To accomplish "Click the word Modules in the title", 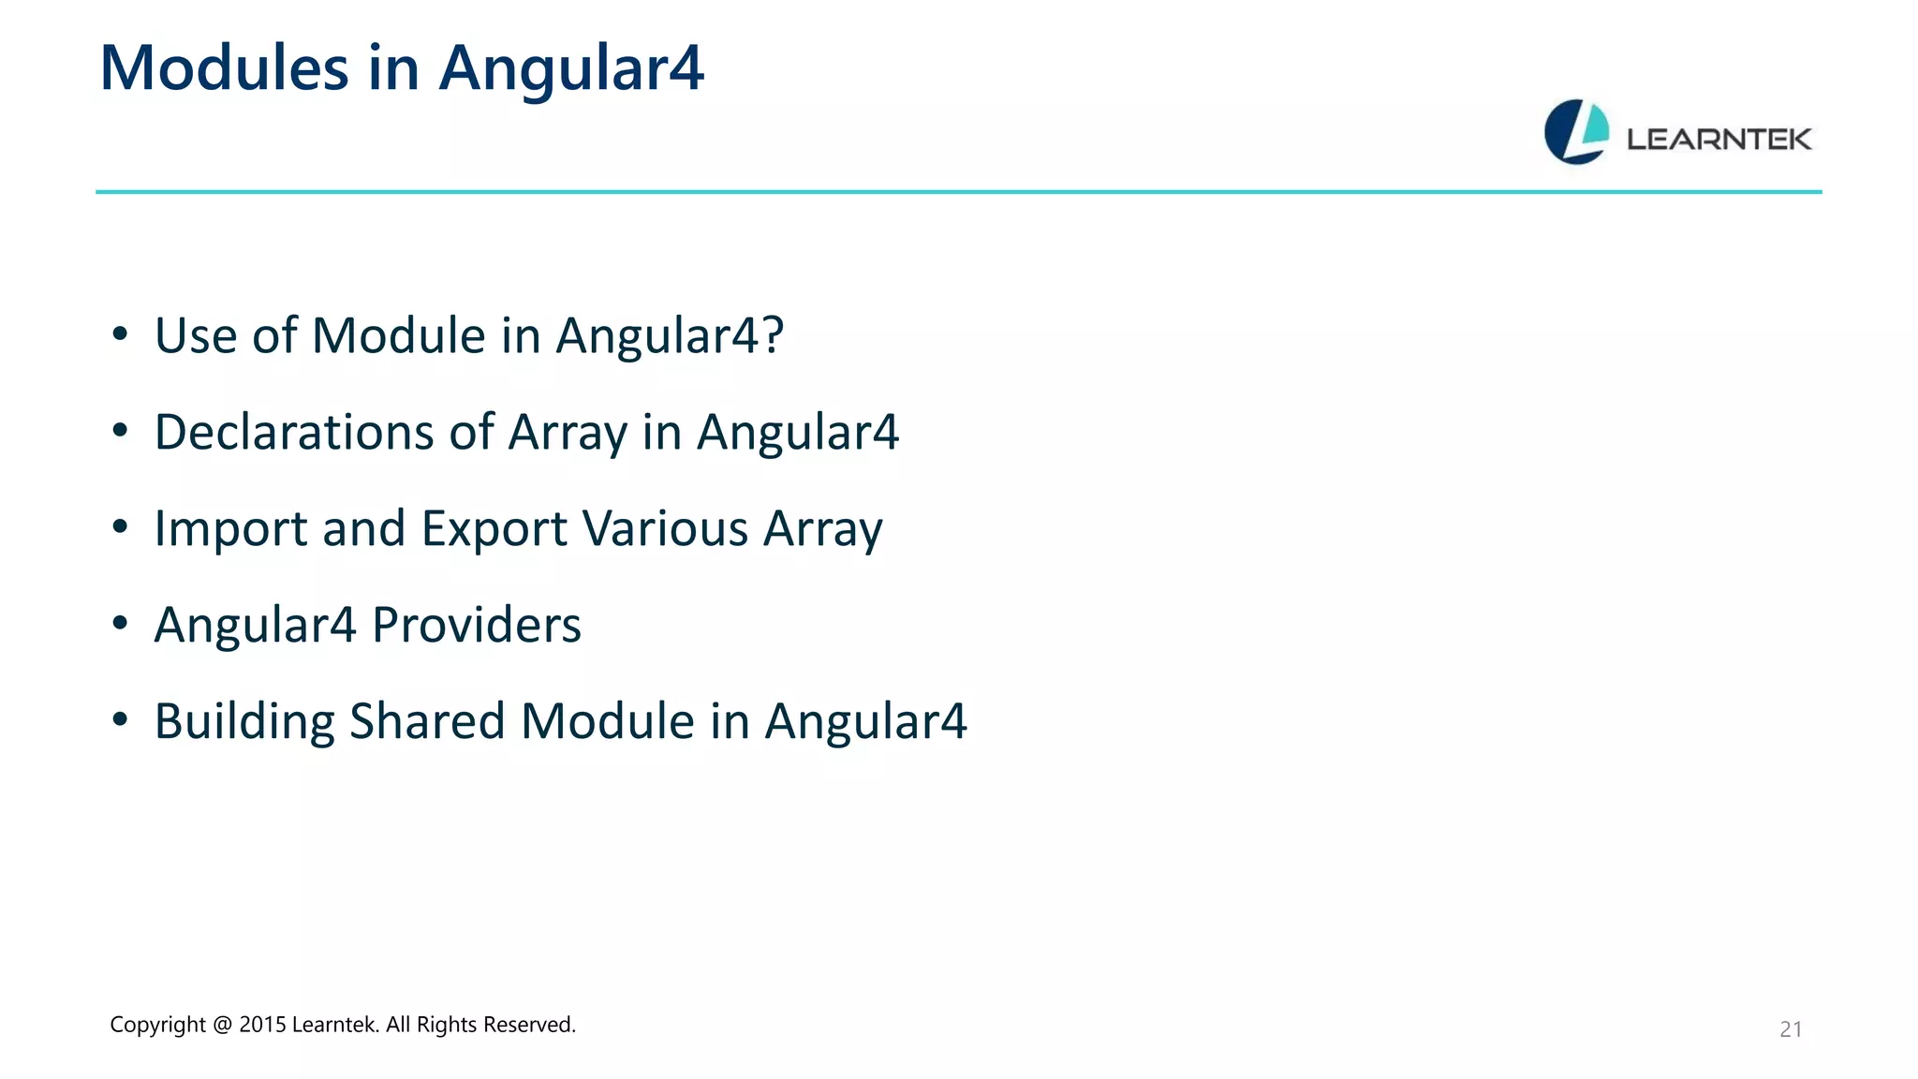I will point(224,68).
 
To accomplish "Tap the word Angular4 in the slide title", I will point(571,68).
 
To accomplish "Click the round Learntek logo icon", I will point(1576,132).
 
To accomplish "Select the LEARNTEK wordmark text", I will point(1719,140).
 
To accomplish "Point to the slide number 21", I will point(1790,1029).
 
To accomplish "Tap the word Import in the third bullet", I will point(230,528).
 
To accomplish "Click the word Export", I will point(494,528).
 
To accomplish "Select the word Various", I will point(665,528).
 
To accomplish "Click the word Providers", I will point(476,625).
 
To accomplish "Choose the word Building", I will point(243,721).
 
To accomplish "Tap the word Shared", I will point(427,721).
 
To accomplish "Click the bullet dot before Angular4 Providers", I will point(119,623).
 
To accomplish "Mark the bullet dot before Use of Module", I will point(119,334).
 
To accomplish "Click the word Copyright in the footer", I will point(157,1025).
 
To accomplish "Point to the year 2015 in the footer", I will point(262,1025).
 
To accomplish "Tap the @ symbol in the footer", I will point(222,1025).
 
